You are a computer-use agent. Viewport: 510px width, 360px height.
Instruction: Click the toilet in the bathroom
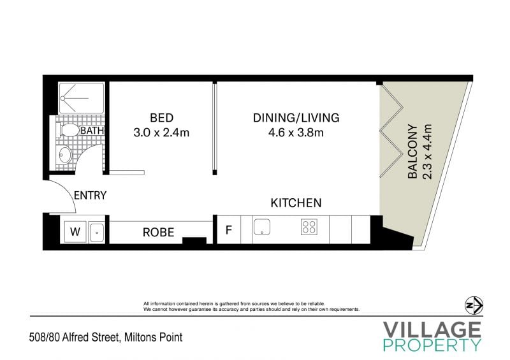coord(68,130)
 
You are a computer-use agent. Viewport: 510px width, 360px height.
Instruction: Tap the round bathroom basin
coord(64,154)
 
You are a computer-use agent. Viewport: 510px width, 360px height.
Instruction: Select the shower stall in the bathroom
coord(82,98)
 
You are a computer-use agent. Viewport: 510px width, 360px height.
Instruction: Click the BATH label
coord(92,131)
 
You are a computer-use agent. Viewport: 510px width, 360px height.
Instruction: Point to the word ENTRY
coord(90,196)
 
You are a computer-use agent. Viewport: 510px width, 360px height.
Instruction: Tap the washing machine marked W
coord(75,232)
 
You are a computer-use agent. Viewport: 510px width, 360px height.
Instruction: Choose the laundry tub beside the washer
coord(97,233)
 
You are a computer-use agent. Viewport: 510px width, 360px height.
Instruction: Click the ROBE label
coord(158,232)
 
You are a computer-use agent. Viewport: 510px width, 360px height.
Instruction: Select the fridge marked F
coord(229,230)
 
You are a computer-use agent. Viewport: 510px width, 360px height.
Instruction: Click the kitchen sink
coord(262,227)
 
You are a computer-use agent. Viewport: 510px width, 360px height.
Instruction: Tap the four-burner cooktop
coord(309,227)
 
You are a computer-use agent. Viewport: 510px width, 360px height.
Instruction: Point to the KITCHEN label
coord(296,203)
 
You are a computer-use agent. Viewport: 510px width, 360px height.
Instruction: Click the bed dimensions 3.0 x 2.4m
coord(161,133)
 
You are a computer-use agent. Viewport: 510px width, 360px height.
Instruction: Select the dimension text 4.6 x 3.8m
coord(296,133)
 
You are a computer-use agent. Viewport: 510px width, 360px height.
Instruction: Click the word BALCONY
coord(412,152)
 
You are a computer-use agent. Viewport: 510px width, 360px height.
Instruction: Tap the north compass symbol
coord(474,306)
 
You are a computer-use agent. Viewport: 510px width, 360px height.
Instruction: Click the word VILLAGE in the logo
coord(432,329)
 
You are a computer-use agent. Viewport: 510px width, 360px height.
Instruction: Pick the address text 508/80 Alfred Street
coord(74,337)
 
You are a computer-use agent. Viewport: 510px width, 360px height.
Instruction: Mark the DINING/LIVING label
coord(296,118)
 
